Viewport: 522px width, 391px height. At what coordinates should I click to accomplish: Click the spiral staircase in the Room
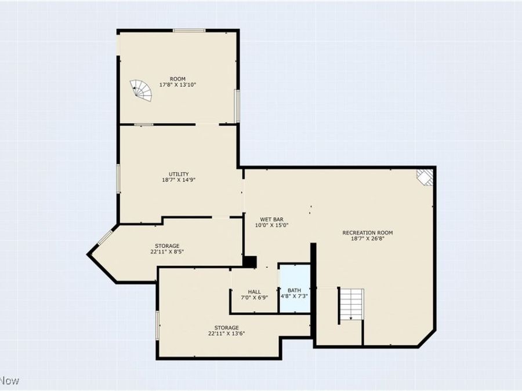click(x=142, y=90)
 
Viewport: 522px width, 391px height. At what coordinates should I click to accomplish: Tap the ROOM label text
click(x=177, y=79)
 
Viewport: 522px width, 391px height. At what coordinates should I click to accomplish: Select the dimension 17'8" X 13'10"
click(x=177, y=85)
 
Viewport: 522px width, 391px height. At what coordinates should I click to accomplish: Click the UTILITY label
click(x=179, y=174)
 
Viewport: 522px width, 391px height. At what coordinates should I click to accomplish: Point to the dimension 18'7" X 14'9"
click(x=179, y=180)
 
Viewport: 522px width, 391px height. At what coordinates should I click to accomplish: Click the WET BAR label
click(x=271, y=219)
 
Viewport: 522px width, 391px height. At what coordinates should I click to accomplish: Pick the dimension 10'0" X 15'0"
click(x=271, y=225)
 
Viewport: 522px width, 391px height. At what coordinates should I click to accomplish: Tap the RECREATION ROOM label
click(x=372, y=232)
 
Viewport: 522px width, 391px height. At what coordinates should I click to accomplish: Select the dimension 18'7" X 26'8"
click(x=372, y=239)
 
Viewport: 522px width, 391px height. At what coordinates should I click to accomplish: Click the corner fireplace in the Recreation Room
click(x=426, y=177)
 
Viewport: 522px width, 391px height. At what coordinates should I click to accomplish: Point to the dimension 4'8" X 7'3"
click(x=295, y=297)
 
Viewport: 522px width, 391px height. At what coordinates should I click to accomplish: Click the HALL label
click(x=255, y=291)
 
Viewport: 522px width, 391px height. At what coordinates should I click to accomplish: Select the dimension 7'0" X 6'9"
click(x=255, y=298)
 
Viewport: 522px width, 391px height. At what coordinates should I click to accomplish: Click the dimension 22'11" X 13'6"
click(x=223, y=334)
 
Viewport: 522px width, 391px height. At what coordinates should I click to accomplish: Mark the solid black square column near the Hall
click(x=249, y=262)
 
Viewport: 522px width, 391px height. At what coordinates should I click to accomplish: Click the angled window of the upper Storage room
click(x=104, y=237)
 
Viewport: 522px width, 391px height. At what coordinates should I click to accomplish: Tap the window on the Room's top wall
click(x=188, y=31)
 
